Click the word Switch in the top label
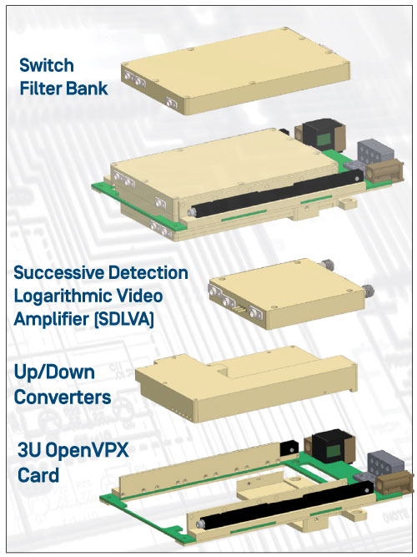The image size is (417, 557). [x=47, y=65]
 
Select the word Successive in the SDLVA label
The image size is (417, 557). [x=58, y=273]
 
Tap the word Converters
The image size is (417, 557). [x=63, y=397]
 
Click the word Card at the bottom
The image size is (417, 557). [x=38, y=475]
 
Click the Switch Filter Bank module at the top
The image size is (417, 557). [x=236, y=71]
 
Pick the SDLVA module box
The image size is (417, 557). [x=289, y=294]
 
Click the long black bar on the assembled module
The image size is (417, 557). [x=276, y=192]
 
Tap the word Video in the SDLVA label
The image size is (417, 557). [x=143, y=296]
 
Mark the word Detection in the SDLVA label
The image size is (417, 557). [x=148, y=273]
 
